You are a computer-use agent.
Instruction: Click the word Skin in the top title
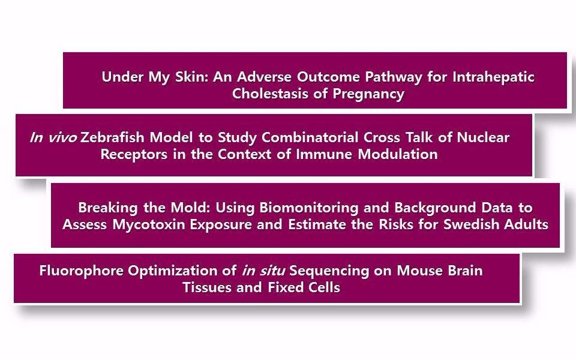click(x=192, y=77)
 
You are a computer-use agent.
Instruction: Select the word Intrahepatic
click(x=493, y=77)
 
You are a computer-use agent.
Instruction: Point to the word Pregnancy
click(x=368, y=94)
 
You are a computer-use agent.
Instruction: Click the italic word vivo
click(x=63, y=137)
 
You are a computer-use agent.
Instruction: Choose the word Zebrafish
click(x=112, y=137)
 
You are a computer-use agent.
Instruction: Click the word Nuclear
click(x=483, y=137)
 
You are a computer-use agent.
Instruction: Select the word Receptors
click(x=134, y=154)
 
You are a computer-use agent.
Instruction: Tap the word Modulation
click(x=398, y=154)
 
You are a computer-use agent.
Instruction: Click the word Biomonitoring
click(x=309, y=208)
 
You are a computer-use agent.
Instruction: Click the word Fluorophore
click(x=81, y=271)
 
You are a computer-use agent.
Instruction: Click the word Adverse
click(x=264, y=77)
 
